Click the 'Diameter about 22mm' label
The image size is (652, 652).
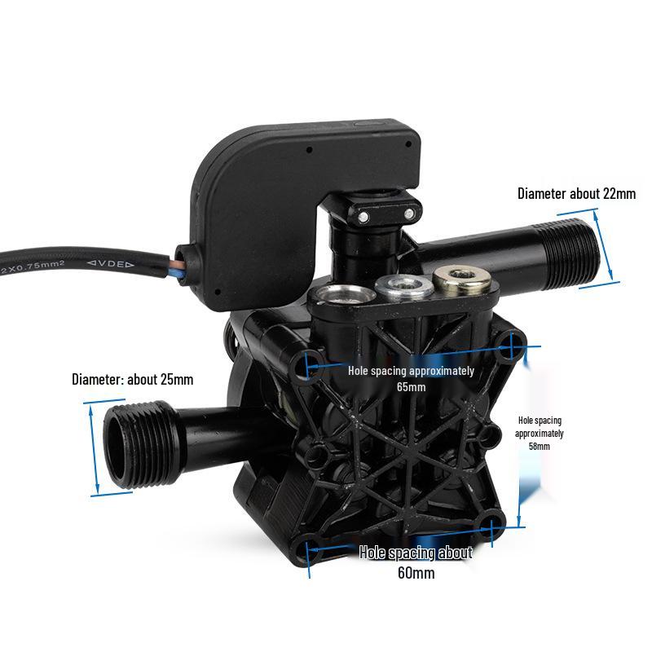pos(576,194)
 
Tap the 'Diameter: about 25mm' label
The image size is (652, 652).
pos(133,379)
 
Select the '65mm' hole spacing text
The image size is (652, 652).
pos(412,387)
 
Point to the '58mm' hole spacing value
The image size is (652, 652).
pos(539,447)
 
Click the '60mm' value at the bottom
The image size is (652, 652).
pos(416,573)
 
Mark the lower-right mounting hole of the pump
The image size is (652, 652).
pos(494,526)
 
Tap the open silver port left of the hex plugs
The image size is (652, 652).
pos(341,294)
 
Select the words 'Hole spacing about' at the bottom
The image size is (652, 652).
pos(416,553)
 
